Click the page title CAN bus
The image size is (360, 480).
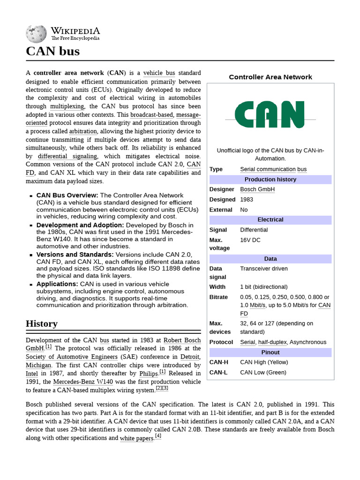coord(52,51)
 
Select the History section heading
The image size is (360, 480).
coord(42,323)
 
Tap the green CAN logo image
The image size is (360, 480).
coord(270,115)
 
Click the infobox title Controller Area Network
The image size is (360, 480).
coord(270,77)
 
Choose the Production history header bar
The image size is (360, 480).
coord(270,180)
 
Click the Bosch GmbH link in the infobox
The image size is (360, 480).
coord(257,189)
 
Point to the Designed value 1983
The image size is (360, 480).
coord(247,200)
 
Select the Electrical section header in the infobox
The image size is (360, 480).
coord(270,220)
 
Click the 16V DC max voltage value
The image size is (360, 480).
coord(250,240)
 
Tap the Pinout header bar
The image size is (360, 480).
coord(270,352)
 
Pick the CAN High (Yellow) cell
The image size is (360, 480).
coord(264,362)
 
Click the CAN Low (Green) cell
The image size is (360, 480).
coord(262,373)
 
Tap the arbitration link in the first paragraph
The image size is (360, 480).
coord(82,131)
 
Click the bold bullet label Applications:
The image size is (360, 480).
coord(57,284)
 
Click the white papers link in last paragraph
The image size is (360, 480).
coord(136,438)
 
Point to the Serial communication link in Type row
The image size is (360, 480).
coord(268,169)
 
